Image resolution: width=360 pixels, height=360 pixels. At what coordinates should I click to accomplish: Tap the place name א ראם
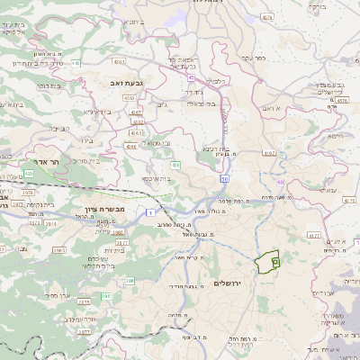click(x=273, y=107)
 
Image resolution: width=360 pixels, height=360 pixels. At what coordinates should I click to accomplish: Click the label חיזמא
click(x=336, y=134)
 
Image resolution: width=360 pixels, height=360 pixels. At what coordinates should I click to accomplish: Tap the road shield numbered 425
click(x=29, y=172)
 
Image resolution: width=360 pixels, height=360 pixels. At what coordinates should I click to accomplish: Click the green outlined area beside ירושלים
click(x=265, y=262)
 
